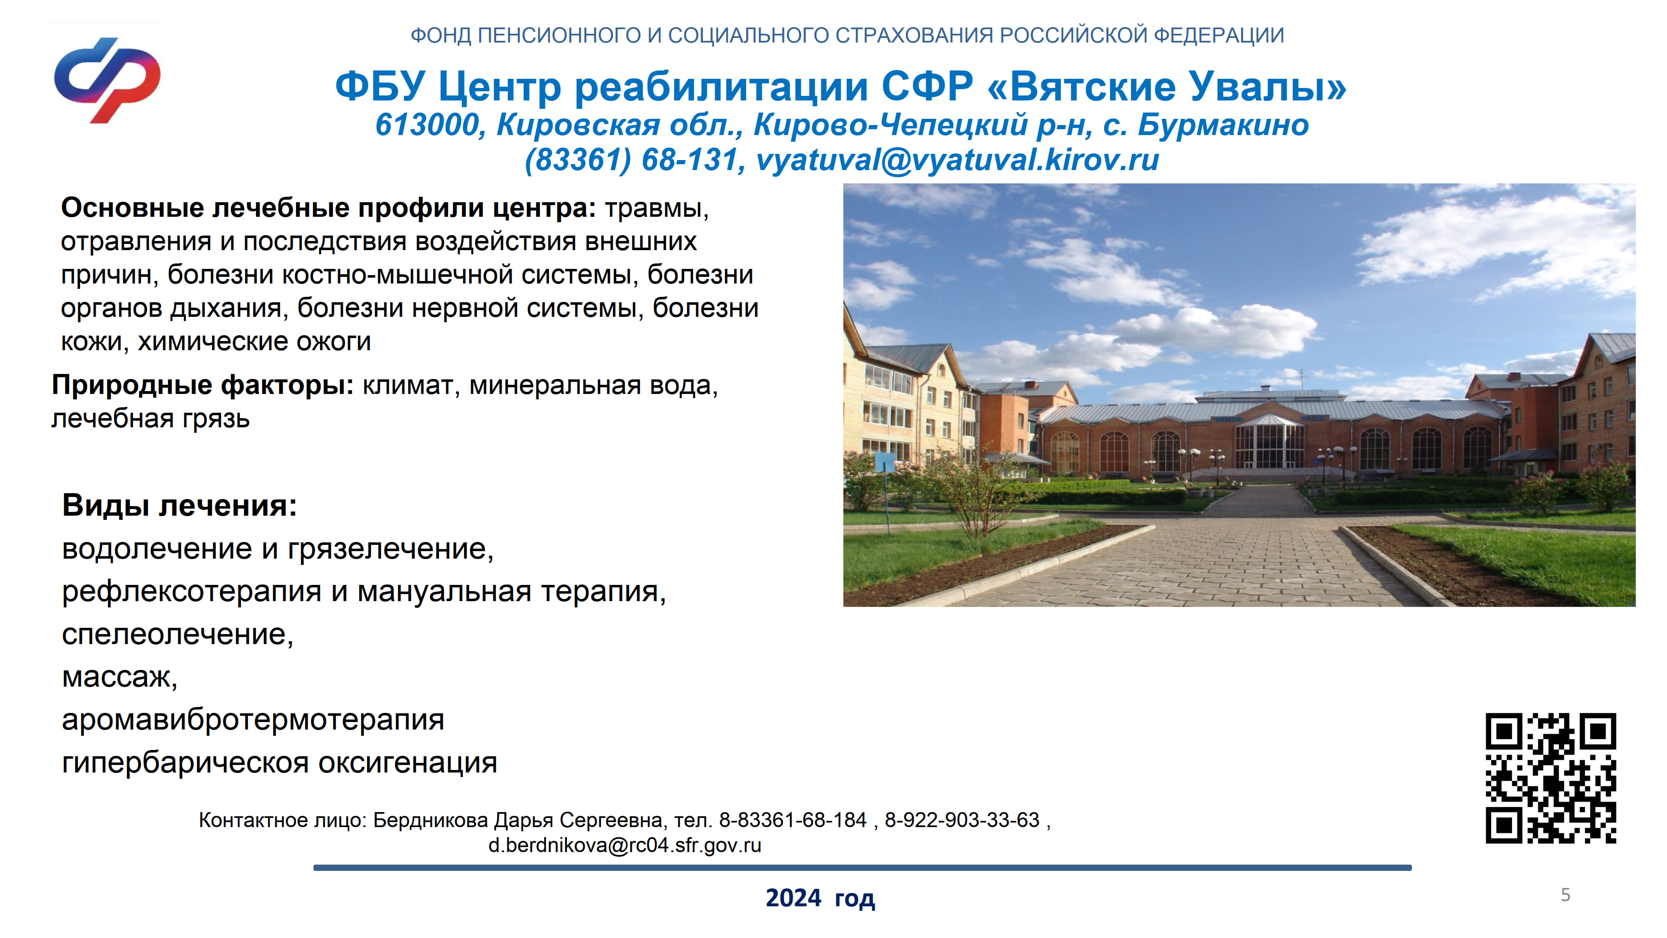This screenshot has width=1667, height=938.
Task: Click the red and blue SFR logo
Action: pos(107,80)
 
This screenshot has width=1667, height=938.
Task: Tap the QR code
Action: pos(1551,778)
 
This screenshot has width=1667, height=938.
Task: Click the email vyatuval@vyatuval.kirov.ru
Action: pos(958,159)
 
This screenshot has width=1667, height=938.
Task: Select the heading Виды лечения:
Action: pos(179,505)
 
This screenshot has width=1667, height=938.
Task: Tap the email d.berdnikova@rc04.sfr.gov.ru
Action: pos(624,845)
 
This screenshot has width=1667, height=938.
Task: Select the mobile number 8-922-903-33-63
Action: pos(962,820)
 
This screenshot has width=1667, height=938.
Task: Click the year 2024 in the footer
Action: pos(793,898)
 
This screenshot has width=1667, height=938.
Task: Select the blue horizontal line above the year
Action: pos(862,868)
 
